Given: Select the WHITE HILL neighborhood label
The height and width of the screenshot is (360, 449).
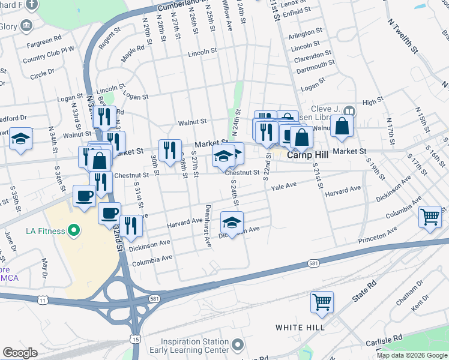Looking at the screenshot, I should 300,328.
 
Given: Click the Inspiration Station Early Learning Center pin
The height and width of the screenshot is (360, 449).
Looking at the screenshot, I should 238,345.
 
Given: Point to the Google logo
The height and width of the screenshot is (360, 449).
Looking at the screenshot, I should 20,353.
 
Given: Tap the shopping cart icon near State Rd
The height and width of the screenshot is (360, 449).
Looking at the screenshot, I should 322,301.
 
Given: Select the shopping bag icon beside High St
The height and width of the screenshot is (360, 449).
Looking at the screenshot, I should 341,126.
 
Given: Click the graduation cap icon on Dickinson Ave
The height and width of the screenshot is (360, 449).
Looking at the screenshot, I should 232,223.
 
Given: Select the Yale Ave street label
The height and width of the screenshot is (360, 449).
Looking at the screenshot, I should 284,187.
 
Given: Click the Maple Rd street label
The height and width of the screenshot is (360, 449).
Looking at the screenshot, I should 133,55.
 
